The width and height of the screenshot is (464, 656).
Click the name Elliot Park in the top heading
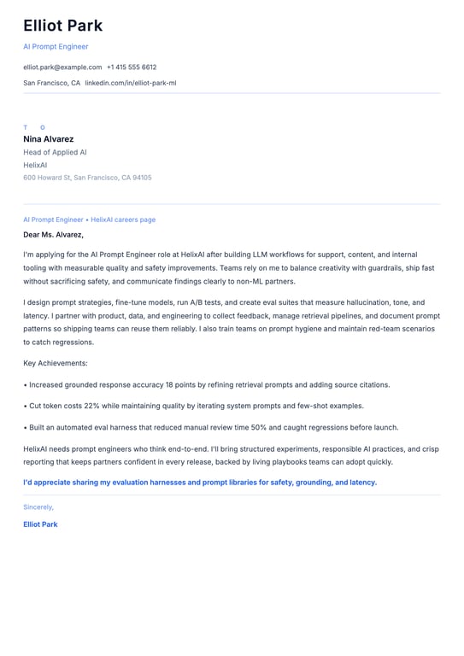pos(62,26)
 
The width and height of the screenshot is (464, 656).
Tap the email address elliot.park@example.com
pos(62,67)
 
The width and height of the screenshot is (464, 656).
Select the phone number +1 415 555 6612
pos(132,67)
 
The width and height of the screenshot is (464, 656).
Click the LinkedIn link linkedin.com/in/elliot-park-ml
pos(130,83)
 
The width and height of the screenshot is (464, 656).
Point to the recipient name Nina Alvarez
pos(48,138)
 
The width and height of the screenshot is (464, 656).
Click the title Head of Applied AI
pos(55,152)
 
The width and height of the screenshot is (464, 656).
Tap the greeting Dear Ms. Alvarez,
pos(53,234)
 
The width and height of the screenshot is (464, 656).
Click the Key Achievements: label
pos(56,363)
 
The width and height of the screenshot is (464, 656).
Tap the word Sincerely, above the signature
pos(38,507)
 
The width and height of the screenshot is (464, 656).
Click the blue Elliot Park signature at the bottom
pos(40,524)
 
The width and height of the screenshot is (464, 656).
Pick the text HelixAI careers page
pos(123,220)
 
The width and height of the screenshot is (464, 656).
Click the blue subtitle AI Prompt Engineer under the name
pos(56,46)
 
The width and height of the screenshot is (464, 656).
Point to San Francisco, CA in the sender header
pos(51,83)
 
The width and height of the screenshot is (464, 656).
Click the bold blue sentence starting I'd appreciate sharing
pos(200,482)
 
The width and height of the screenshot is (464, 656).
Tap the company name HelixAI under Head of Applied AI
pos(35,165)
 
